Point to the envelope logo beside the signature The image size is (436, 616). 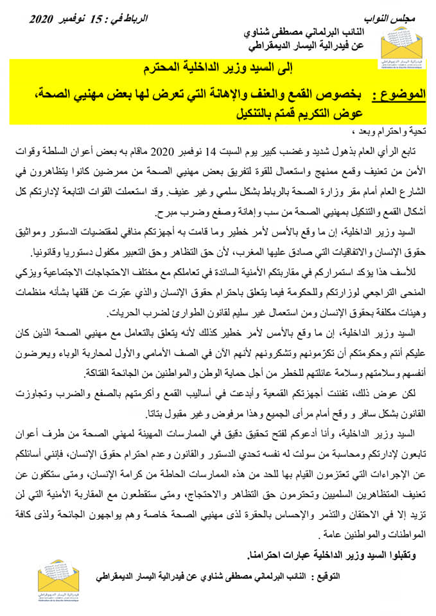[58, 576]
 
